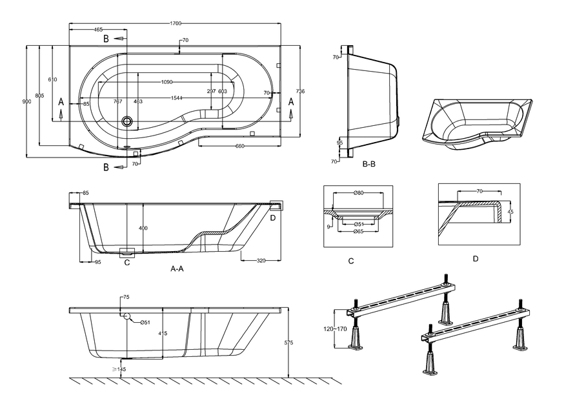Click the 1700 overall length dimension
coord(175,24)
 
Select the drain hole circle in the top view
coord(127,121)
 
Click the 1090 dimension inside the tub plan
coord(166,82)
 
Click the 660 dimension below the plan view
coord(240,146)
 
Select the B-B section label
coord(369,164)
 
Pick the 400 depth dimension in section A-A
coord(143,228)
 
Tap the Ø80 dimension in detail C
coord(359,192)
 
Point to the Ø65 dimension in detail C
coord(359,231)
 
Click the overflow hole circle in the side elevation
coord(127,316)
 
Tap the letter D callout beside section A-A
coord(273,218)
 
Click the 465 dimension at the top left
coord(98,30)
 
